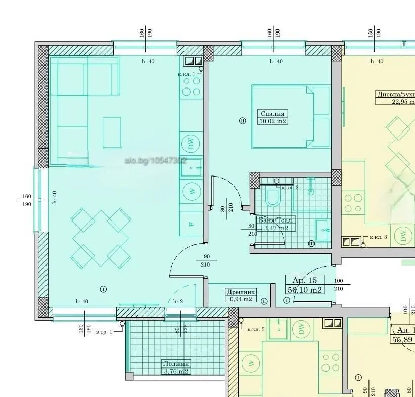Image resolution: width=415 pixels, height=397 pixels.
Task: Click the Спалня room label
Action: pyautogui.click(x=272, y=114)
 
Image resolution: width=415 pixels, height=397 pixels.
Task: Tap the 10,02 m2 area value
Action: pyautogui.click(x=272, y=121)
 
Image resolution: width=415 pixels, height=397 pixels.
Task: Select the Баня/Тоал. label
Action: pyautogui.click(x=275, y=220)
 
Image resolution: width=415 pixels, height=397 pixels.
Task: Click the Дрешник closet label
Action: pyautogui.click(x=241, y=292)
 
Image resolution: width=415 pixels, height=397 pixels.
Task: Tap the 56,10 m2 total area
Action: pyautogui.click(x=305, y=290)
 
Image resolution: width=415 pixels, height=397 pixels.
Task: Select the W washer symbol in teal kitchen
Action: pyautogui.click(x=192, y=191)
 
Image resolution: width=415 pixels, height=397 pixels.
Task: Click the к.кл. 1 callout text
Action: pyautogui.click(x=186, y=74)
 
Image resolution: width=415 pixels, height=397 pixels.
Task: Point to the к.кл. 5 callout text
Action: pyautogui.click(x=256, y=329)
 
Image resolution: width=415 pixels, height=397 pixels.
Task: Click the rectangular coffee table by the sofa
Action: pyautogui.click(x=112, y=132)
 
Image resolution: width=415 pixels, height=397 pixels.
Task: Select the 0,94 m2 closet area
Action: pyautogui.click(x=241, y=299)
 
